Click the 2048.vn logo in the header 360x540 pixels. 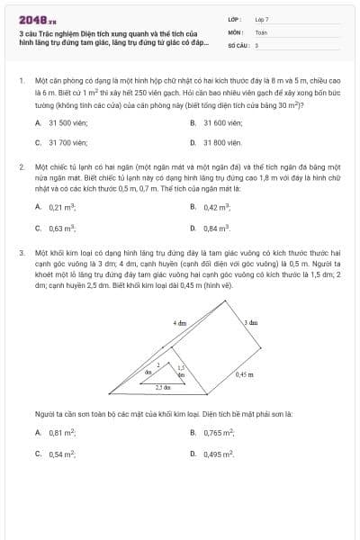31,19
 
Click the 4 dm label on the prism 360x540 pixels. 180,321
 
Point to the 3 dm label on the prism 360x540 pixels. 251,321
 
